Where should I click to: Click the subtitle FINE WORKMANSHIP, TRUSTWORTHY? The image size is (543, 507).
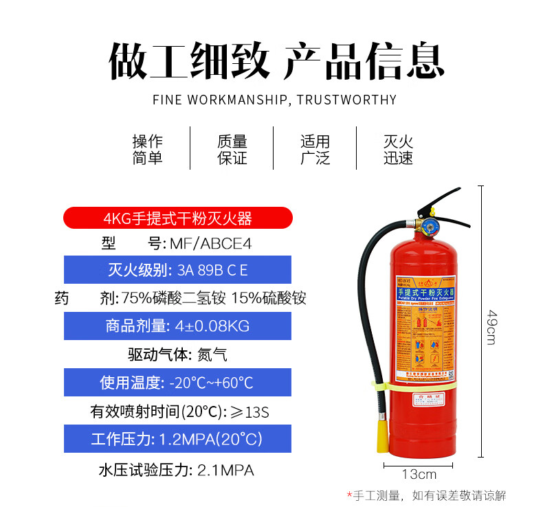click(x=274, y=100)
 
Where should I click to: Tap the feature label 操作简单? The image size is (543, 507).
click(x=148, y=149)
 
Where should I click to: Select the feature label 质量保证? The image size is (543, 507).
click(x=232, y=149)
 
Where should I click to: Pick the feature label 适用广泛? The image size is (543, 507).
click(x=315, y=149)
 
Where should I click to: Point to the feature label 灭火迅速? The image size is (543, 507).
click(x=399, y=149)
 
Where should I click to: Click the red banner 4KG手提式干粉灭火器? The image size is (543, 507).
click(x=177, y=218)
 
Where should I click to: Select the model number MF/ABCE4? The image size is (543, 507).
click(x=200, y=243)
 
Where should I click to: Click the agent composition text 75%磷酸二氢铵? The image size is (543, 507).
click(x=173, y=298)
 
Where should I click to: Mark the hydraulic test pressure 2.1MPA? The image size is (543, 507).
click(x=225, y=470)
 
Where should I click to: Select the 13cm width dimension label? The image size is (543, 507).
click(x=419, y=474)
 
